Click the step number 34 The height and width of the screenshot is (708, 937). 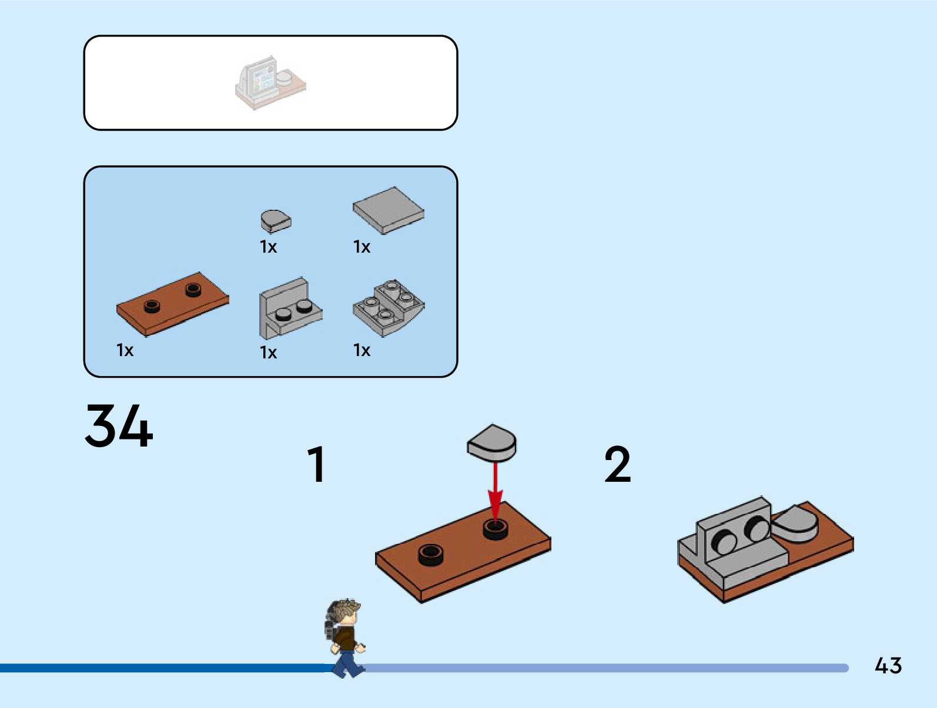pyautogui.click(x=119, y=425)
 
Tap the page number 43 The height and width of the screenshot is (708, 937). pyautogui.click(x=888, y=666)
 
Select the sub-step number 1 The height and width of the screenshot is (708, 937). pyautogui.click(x=317, y=464)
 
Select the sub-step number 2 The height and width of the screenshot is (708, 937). pyautogui.click(x=617, y=464)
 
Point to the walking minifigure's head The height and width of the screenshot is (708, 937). pyautogui.click(x=346, y=613)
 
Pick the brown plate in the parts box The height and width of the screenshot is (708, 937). pyautogui.click(x=172, y=304)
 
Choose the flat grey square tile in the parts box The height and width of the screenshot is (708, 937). pyautogui.click(x=388, y=210)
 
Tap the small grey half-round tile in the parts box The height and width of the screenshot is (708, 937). pyautogui.click(x=275, y=221)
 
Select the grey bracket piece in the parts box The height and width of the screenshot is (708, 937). pyautogui.click(x=289, y=309)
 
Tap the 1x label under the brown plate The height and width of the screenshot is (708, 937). pyautogui.click(x=125, y=351)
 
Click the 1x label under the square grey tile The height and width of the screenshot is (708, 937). pyautogui.click(x=362, y=247)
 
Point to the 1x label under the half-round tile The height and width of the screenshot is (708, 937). pyautogui.click(x=268, y=247)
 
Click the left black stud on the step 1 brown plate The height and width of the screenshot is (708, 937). pyautogui.click(x=431, y=554)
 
